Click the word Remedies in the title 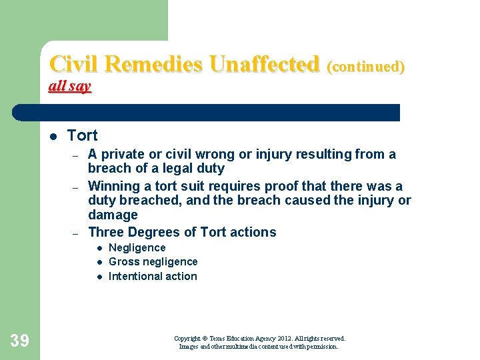pyautogui.click(x=155, y=64)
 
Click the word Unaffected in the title pyautogui.click(x=264, y=64)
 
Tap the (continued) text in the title pyautogui.click(x=366, y=66)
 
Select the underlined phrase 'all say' pyautogui.click(x=70, y=86)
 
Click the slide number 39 pyautogui.click(x=19, y=341)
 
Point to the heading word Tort pyautogui.click(x=82, y=135)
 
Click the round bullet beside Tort pyautogui.click(x=53, y=136)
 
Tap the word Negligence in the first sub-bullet pyautogui.click(x=137, y=247)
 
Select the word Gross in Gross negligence pyautogui.click(x=123, y=261)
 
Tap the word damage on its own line pyautogui.click(x=113, y=215)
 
